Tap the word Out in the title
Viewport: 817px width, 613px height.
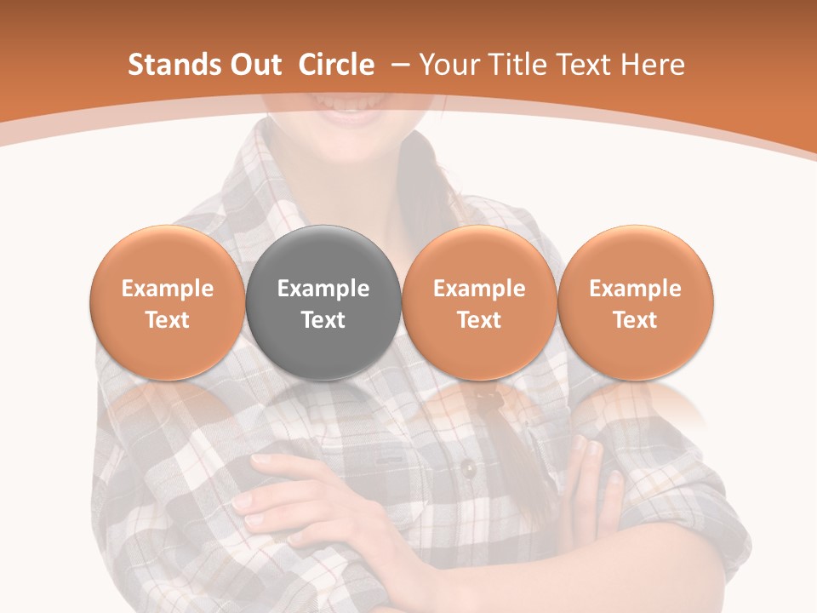point(254,65)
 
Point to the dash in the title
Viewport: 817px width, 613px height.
point(400,65)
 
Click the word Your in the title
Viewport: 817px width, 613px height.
point(446,65)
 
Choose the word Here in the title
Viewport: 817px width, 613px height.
point(654,65)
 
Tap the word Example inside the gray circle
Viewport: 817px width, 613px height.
point(323,289)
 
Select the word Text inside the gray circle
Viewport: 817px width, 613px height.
point(323,320)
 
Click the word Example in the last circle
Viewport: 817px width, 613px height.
point(635,289)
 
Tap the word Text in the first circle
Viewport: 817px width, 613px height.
point(167,320)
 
